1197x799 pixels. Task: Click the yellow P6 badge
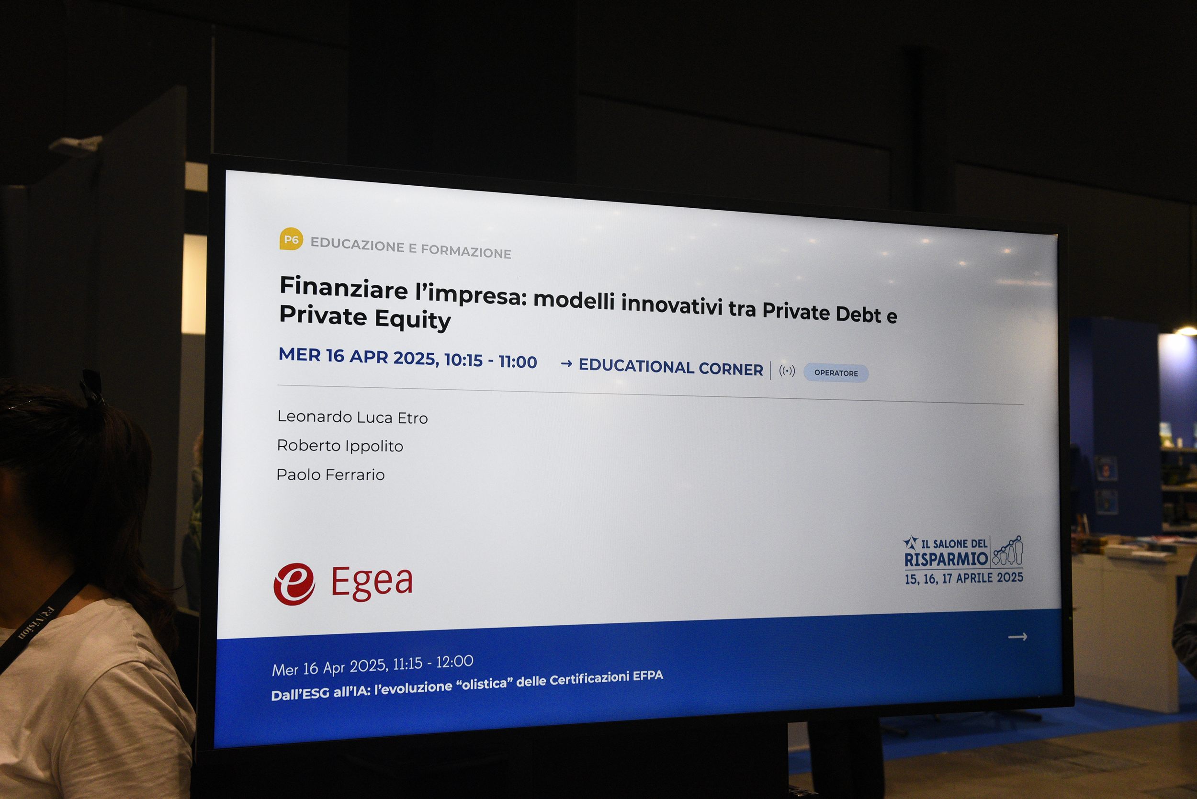pyautogui.click(x=291, y=239)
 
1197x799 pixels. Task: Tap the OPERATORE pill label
pyautogui.click(x=836, y=373)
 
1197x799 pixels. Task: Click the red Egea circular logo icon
pyautogui.click(x=294, y=584)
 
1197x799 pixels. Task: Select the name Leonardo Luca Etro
pyautogui.click(x=352, y=417)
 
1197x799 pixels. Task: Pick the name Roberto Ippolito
pyautogui.click(x=340, y=446)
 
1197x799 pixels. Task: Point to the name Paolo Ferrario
pyautogui.click(x=330, y=474)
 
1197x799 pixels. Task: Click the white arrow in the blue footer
pyautogui.click(x=1017, y=636)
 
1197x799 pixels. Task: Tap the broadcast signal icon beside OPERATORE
pyautogui.click(x=787, y=371)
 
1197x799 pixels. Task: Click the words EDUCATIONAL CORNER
pyautogui.click(x=671, y=367)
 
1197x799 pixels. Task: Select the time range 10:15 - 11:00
pyautogui.click(x=491, y=361)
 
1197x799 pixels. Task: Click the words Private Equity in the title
pyautogui.click(x=365, y=317)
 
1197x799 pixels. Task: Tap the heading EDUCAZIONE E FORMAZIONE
pyautogui.click(x=411, y=248)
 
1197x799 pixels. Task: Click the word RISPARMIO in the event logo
pyautogui.click(x=946, y=559)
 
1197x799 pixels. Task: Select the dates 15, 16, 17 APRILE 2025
pyautogui.click(x=964, y=578)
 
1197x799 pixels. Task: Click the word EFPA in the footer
pyautogui.click(x=648, y=676)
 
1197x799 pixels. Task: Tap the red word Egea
pyautogui.click(x=372, y=583)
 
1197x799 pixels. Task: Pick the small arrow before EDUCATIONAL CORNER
pyautogui.click(x=566, y=364)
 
